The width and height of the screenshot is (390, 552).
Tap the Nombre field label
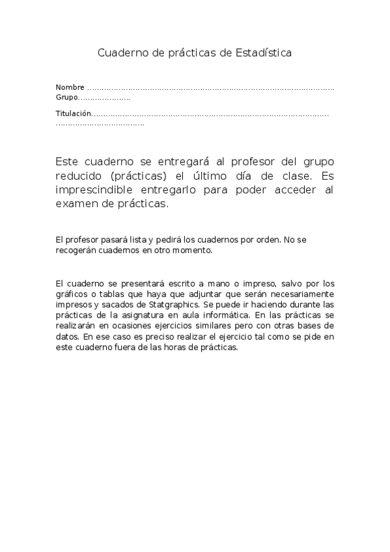[x=70, y=87]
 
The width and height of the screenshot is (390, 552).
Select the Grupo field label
[x=66, y=98]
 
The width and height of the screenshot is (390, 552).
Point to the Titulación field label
[x=73, y=114]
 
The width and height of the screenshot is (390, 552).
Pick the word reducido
[x=80, y=175]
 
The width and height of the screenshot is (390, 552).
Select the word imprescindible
[x=96, y=189]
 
